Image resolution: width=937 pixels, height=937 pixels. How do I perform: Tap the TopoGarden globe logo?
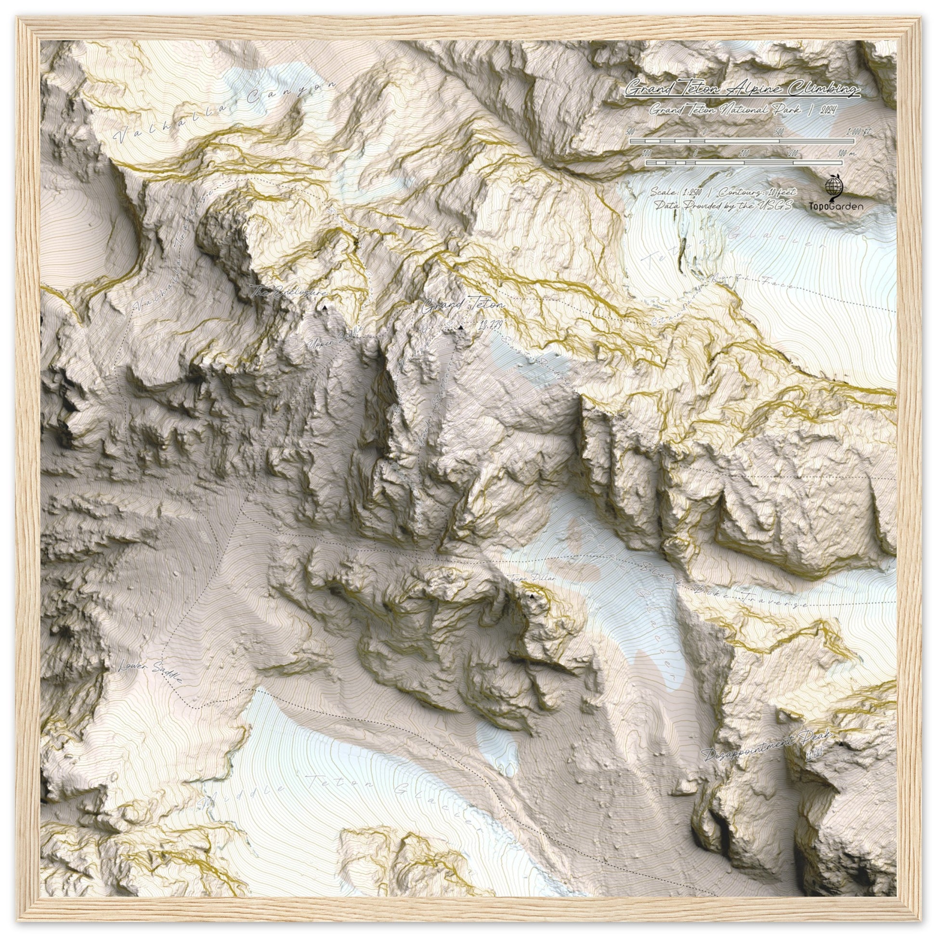point(833,186)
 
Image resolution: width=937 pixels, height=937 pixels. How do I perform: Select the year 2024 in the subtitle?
point(828,111)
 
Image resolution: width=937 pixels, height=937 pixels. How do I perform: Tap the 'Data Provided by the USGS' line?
point(723,206)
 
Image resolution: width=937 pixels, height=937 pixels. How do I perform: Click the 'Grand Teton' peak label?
point(463,306)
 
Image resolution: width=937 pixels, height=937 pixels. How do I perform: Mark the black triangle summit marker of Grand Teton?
point(460,328)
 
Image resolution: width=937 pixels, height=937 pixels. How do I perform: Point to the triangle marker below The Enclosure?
point(325,308)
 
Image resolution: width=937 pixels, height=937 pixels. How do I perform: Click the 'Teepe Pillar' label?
point(532,579)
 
